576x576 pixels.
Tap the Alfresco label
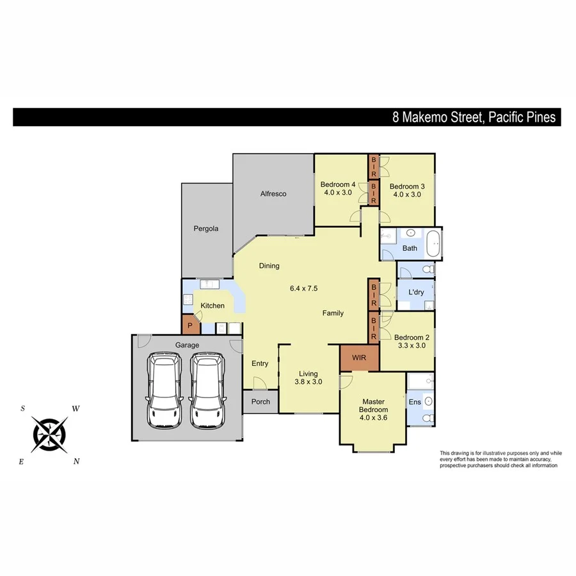click(x=273, y=193)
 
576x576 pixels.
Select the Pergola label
click(x=207, y=228)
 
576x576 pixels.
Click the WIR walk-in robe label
click(x=359, y=358)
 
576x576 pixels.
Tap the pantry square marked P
click(x=190, y=325)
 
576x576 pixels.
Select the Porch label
click(x=260, y=402)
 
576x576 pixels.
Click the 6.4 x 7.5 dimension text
click(x=305, y=289)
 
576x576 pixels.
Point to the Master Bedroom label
click(x=373, y=405)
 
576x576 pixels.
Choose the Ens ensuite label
click(x=415, y=401)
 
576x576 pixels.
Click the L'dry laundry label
click(x=416, y=292)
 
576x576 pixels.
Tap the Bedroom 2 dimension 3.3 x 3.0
click(x=410, y=346)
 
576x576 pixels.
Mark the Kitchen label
click(x=212, y=306)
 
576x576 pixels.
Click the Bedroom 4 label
click(x=337, y=184)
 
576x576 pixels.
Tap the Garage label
click(x=188, y=345)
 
